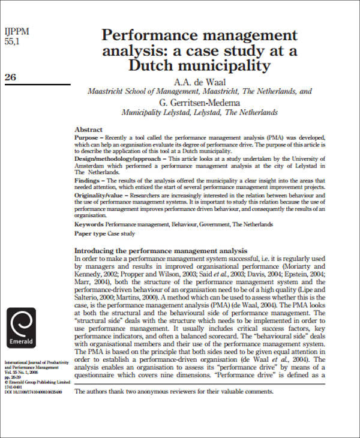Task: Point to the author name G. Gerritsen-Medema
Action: point(200,102)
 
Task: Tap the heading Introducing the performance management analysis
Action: point(160,250)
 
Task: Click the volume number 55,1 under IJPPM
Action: point(13,43)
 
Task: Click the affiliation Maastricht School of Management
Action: point(156,92)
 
